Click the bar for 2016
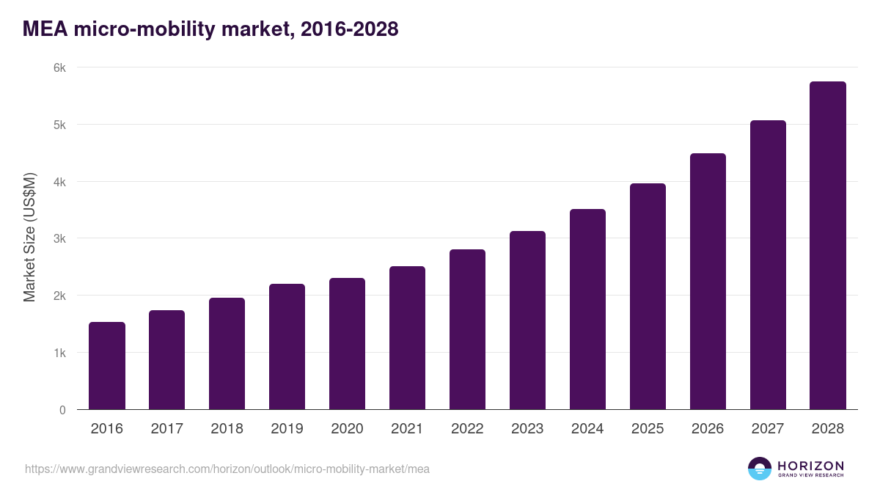tap(107, 366)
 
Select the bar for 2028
tap(828, 246)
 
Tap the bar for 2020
tap(347, 344)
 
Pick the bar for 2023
tap(527, 320)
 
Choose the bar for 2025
tap(648, 296)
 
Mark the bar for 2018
tap(227, 353)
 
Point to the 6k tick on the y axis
tap(59, 67)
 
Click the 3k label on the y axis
tap(59, 238)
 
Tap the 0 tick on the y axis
tap(62, 410)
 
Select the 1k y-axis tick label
tap(59, 353)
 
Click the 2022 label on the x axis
tap(467, 429)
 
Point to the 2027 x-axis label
tap(768, 429)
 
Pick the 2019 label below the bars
tap(287, 429)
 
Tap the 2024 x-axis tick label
tap(587, 429)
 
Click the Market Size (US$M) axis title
tap(29, 238)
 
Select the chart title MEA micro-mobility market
tap(210, 29)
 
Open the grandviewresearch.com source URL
tap(227, 469)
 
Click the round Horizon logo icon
tap(760, 469)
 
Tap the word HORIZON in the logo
tap(810, 465)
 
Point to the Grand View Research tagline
tap(810, 476)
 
